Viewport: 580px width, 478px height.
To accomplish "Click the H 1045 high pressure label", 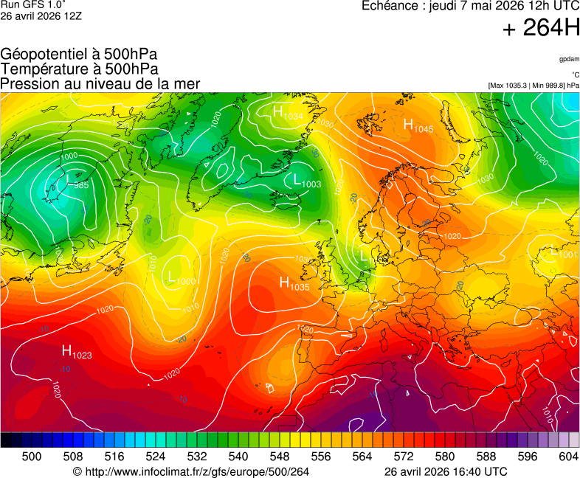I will [x=418, y=126].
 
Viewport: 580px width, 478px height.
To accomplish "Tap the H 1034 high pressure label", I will [x=287, y=113].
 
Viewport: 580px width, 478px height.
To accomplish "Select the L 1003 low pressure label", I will [x=307, y=180].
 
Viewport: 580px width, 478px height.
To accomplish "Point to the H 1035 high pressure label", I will [x=294, y=283].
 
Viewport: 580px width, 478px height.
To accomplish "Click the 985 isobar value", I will [x=81, y=185].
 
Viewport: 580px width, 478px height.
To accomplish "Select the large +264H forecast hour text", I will [x=541, y=29].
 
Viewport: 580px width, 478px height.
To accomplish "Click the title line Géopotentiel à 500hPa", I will [x=79, y=55].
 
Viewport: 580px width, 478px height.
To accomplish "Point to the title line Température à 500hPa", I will [x=79, y=69].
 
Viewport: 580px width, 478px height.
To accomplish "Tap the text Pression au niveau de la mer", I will [x=100, y=84].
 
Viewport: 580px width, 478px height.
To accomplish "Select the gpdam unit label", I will [x=568, y=58].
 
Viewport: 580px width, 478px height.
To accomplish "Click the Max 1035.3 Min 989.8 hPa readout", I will [x=534, y=86].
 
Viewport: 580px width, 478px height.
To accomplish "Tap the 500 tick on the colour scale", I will [x=32, y=457].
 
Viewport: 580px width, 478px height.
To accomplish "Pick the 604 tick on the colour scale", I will [x=568, y=457].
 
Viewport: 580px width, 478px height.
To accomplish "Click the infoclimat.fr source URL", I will [x=191, y=471].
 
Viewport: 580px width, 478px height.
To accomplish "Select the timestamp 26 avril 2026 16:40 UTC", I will [x=446, y=471].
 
